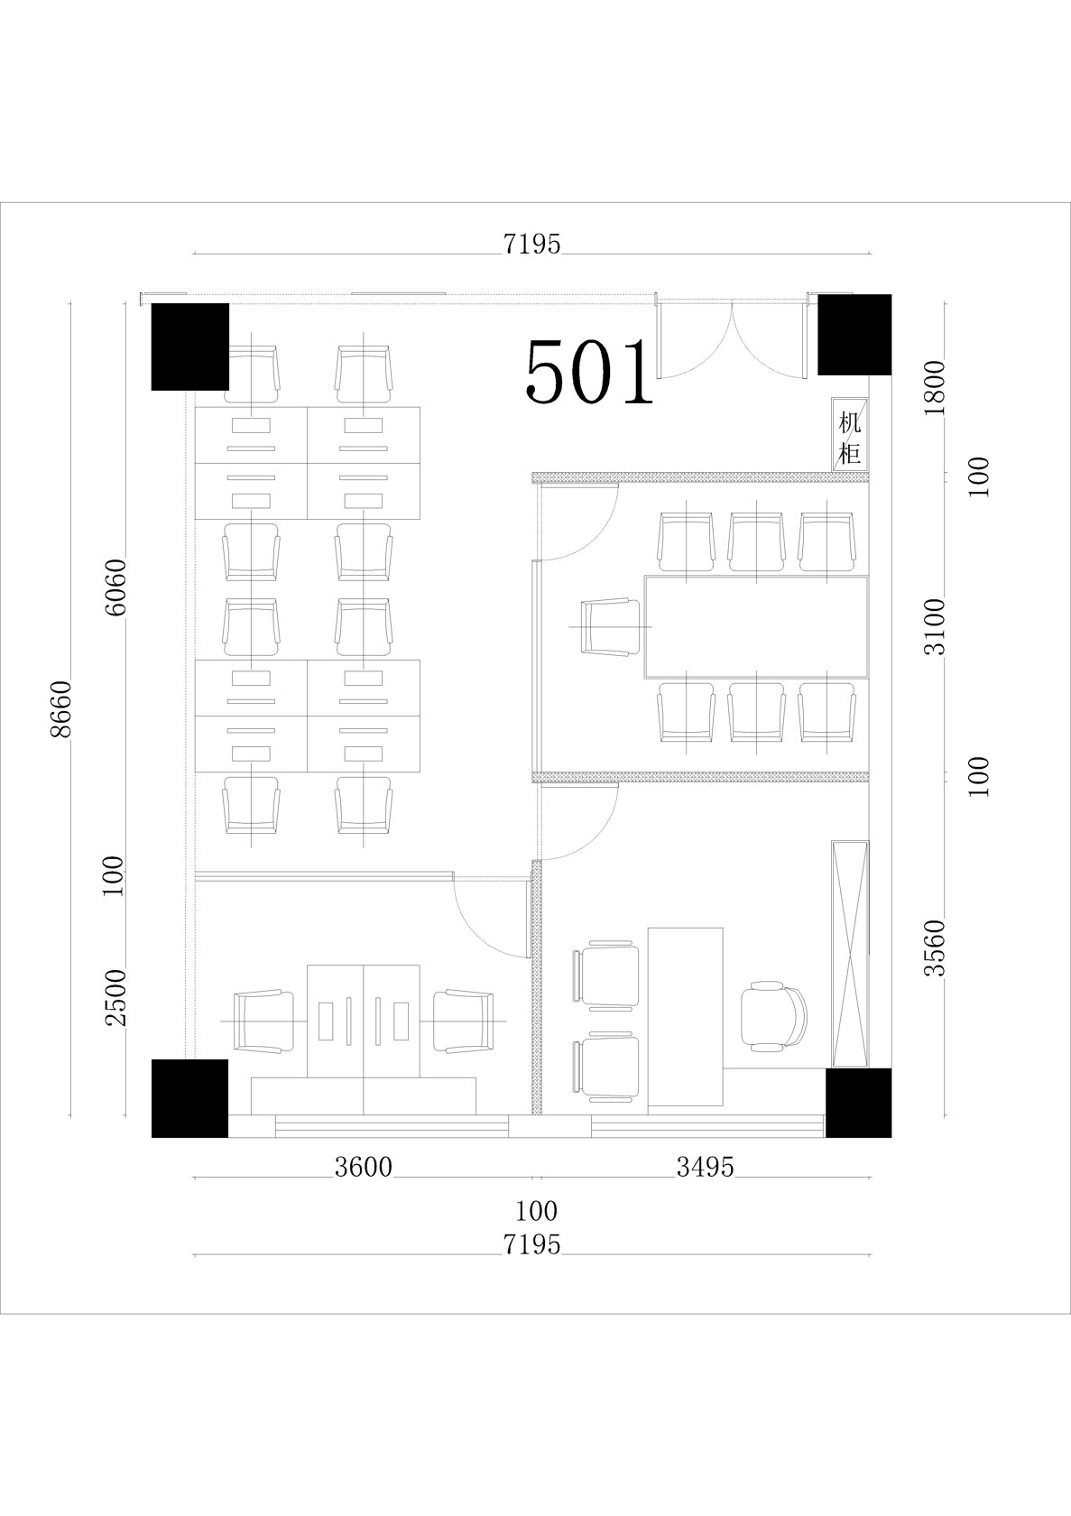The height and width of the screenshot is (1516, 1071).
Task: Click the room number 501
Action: click(x=589, y=372)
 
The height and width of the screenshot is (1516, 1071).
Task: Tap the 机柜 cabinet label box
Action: click(x=850, y=434)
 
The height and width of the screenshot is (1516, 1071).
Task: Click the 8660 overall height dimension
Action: click(x=60, y=708)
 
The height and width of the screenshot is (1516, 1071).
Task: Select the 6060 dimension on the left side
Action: click(x=115, y=587)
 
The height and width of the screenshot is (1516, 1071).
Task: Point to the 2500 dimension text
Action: click(x=115, y=998)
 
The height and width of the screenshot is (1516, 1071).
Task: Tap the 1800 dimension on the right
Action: click(x=935, y=388)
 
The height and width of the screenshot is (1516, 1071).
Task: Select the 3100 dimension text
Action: click(x=935, y=626)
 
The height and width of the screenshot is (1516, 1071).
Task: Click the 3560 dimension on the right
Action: click(x=935, y=947)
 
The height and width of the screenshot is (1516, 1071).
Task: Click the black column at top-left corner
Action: click(x=190, y=347)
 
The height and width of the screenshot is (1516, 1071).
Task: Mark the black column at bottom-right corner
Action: click(x=858, y=1103)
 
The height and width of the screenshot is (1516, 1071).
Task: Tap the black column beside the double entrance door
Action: click(x=854, y=334)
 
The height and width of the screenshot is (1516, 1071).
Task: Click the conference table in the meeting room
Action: click(x=756, y=626)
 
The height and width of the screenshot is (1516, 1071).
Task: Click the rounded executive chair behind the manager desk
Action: click(x=774, y=1016)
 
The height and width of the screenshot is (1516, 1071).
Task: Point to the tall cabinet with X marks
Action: click(x=850, y=954)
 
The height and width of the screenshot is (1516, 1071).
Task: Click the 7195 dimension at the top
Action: click(x=531, y=245)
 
